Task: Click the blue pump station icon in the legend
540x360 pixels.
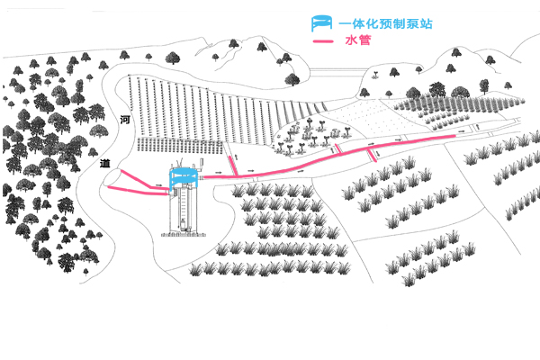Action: click(319, 23)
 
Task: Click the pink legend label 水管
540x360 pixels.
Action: click(357, 42)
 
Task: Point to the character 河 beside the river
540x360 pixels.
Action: click(125, 120)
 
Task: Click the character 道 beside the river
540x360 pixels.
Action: click(104, 164)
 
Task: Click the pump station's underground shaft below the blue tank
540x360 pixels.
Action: click(183, 211)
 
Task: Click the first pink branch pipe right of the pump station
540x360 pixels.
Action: click(231, 165)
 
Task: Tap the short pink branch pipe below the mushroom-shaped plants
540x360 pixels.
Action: click(372, 154)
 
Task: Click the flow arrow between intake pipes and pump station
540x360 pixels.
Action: click(159, 185)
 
